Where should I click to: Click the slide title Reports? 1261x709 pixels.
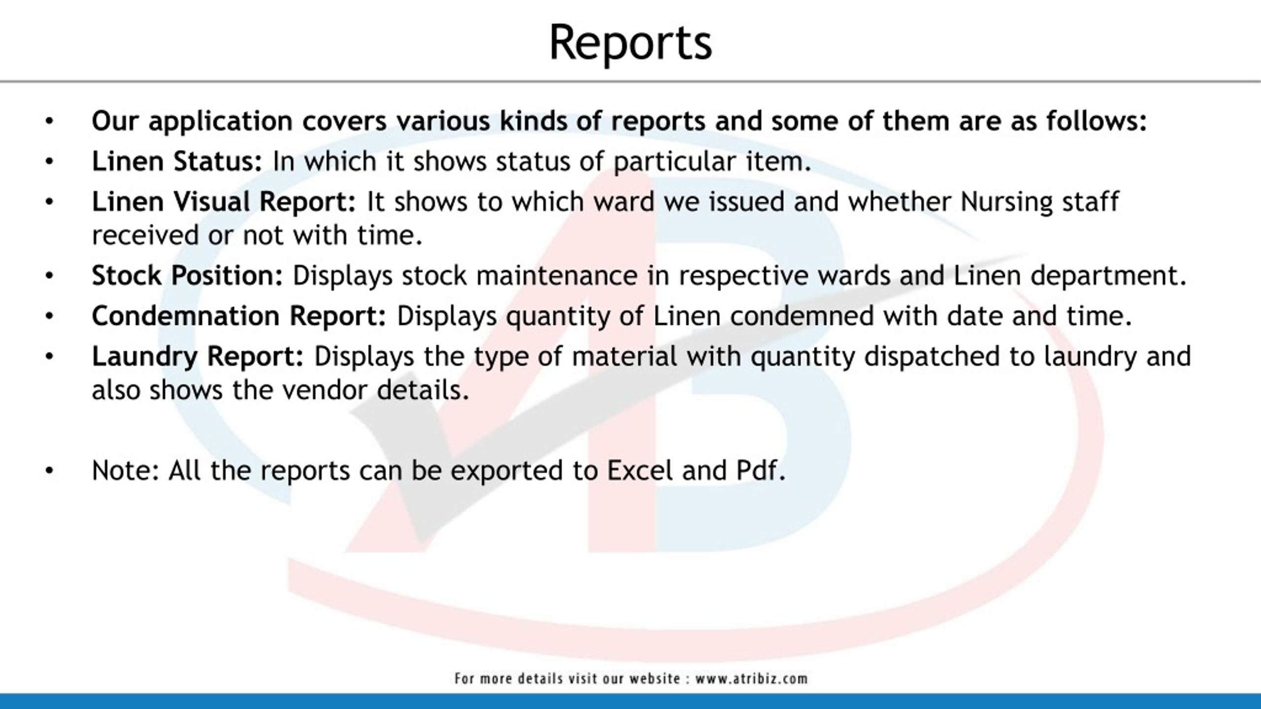630,43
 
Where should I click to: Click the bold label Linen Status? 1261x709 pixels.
177,161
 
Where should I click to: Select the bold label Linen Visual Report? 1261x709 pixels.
224,202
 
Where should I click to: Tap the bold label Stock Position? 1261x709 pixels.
187,276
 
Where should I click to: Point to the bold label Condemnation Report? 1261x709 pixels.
239,316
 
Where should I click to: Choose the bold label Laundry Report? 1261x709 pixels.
198,356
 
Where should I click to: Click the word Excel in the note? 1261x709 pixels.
639,470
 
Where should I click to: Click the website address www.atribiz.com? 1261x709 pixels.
751,678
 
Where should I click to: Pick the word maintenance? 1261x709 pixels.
557,276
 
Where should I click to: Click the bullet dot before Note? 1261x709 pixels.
49,471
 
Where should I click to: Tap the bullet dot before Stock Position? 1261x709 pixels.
49,276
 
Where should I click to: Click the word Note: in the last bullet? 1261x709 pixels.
126,470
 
